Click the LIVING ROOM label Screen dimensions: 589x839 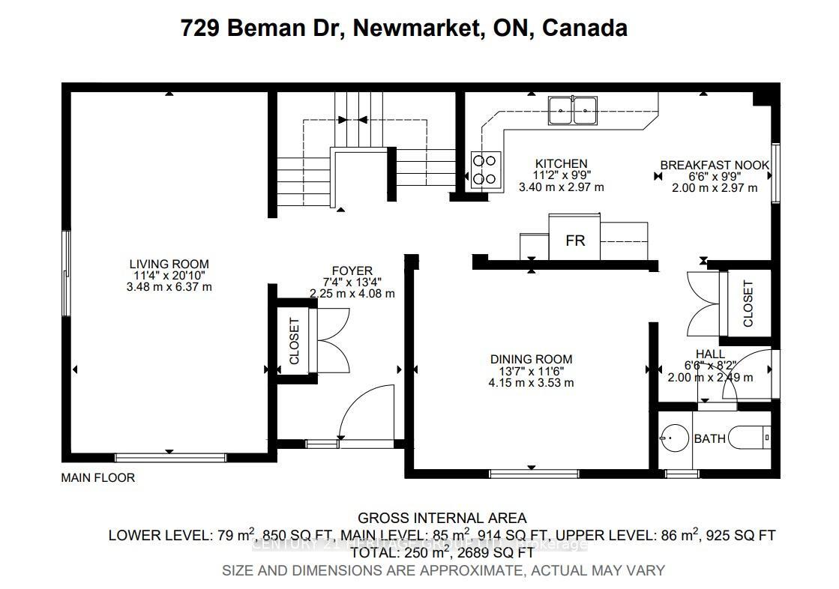coord(169,264)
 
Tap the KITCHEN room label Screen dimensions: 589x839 coord(561,163)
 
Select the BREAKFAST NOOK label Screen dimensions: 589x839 coord(714,165)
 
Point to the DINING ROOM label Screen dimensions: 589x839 coord(531,359)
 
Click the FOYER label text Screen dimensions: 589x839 coord(352,271)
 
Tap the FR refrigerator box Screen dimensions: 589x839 coord(574,241)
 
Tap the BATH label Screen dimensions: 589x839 coord(709,438)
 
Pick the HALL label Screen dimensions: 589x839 coord(710,354)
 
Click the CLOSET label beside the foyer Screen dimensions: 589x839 coord(294,341)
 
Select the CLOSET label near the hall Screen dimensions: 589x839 coord(748,303)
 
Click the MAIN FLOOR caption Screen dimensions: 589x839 coord(97,477)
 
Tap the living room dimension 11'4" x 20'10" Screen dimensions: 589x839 coord(169,275)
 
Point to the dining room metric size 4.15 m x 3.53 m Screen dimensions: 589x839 coord(531,382)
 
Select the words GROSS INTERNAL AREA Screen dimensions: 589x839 coord(442,518)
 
